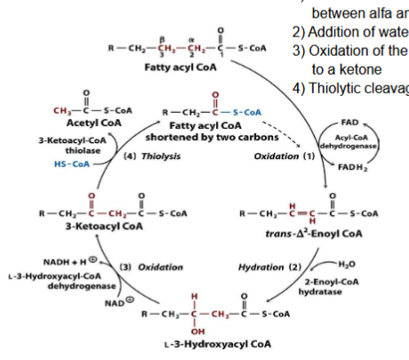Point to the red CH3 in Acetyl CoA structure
63,109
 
